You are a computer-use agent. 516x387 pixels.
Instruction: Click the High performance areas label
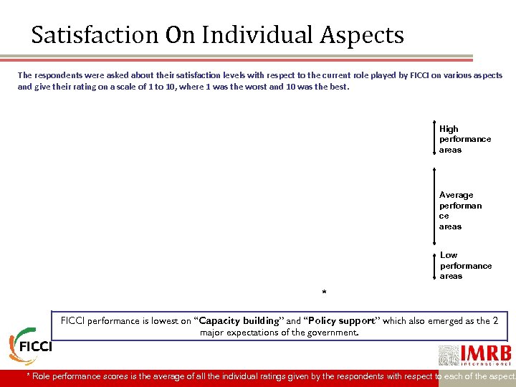(464, 139)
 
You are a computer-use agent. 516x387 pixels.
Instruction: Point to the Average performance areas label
(460, 210)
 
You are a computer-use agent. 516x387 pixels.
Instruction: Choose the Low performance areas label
(465, 265)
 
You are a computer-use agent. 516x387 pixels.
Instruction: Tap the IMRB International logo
(474, 355)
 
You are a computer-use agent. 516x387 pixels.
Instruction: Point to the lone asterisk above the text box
(324, 292)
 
